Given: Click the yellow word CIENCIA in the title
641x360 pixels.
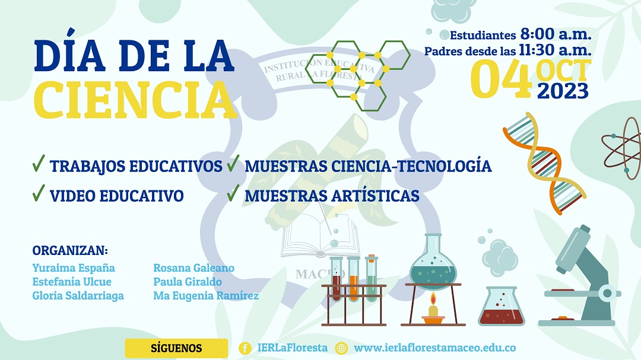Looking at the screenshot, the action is (135, 100).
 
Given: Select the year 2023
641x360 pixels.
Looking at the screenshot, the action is (563, 91).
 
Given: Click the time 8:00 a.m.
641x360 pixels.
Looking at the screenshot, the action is (556, 34).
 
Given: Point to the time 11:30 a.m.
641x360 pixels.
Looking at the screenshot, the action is (555, 50).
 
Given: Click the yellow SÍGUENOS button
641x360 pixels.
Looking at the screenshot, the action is (176, 348).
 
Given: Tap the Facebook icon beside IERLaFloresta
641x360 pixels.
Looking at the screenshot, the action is (245, 348).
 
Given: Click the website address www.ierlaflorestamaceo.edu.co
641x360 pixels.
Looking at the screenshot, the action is (434, 348).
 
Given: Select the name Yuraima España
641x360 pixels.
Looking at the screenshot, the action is (74, 268).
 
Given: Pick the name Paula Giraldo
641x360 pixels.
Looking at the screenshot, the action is (188, 282).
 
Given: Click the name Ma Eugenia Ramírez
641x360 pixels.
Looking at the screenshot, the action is (206, 295).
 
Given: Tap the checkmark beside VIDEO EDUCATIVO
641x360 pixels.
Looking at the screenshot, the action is (39, 193).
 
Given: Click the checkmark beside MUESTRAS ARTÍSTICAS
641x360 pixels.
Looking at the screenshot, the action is (233, 193).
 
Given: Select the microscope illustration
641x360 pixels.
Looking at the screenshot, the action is (584, 276).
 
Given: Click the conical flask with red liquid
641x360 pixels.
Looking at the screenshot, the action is (502, 307).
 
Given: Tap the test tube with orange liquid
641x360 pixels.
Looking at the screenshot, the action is (354, 279).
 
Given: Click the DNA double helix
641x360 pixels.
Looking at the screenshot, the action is (544, 164).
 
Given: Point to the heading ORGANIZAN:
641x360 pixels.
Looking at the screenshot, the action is (70, 250).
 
